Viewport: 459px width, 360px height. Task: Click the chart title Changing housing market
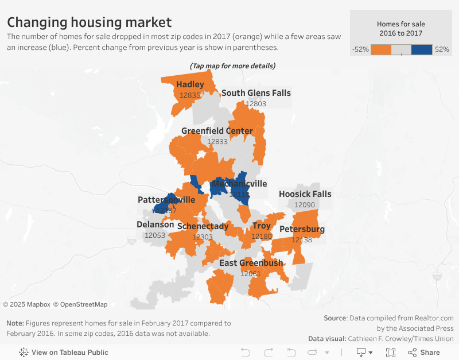coord(89,22)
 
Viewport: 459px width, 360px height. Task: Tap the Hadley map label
coord(190,84)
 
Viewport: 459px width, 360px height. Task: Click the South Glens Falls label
coord(256,93)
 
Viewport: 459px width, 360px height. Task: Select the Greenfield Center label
coord(217,131)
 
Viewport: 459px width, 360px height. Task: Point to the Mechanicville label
coord(239,184)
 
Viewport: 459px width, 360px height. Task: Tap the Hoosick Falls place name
coord(305,194)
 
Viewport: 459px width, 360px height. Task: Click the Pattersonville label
coord(166,200)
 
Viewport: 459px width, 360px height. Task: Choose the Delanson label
coord(155,224)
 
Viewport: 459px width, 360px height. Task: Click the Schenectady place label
coord(203,226)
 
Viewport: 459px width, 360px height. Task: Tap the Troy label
coord(262,226)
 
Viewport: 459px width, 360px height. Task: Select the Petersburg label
coord(302,230)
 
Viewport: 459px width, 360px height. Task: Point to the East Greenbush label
coord(251,263)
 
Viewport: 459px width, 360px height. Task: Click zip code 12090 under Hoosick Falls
coord(305,204)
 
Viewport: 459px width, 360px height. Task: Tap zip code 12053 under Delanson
coord(155,235)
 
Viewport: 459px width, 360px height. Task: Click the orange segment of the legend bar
coord(381,49)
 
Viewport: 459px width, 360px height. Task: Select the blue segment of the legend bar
coord(422,49)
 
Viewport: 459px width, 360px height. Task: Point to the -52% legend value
coord(360,49)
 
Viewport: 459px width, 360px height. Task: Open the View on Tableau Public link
coord(64,352)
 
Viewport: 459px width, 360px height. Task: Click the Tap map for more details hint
coord(232,66)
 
